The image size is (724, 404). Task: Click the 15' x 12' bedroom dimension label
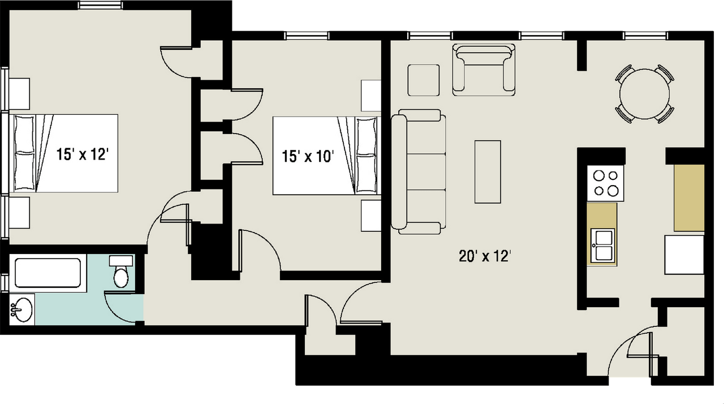(82, 154)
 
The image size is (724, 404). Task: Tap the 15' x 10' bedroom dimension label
(307, 156)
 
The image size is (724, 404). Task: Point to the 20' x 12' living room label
(485, 256)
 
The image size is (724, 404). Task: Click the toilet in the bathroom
(121, 272)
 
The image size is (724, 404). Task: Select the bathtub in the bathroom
(48, 273)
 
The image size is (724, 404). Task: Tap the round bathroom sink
(22, 310)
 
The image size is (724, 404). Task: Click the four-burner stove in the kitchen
(605, 183)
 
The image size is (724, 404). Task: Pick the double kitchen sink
(602, 246)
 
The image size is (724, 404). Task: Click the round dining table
(644, 94)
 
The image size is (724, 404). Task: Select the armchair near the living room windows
(484, 70)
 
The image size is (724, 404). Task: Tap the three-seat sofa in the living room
(419, 171)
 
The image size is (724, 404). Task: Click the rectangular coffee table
(488, 171)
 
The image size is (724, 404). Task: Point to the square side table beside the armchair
(424, 80)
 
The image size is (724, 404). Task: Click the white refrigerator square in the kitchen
(684, 255)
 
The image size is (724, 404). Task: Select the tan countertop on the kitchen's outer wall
(689, 198)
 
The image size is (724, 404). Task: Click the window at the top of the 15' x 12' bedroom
(101, 5)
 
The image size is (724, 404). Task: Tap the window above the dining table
(646, 36)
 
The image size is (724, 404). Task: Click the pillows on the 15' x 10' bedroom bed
(366, 156)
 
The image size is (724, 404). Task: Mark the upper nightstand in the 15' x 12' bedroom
(19, 94)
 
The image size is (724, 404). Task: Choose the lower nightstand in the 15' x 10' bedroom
(370, 216)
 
